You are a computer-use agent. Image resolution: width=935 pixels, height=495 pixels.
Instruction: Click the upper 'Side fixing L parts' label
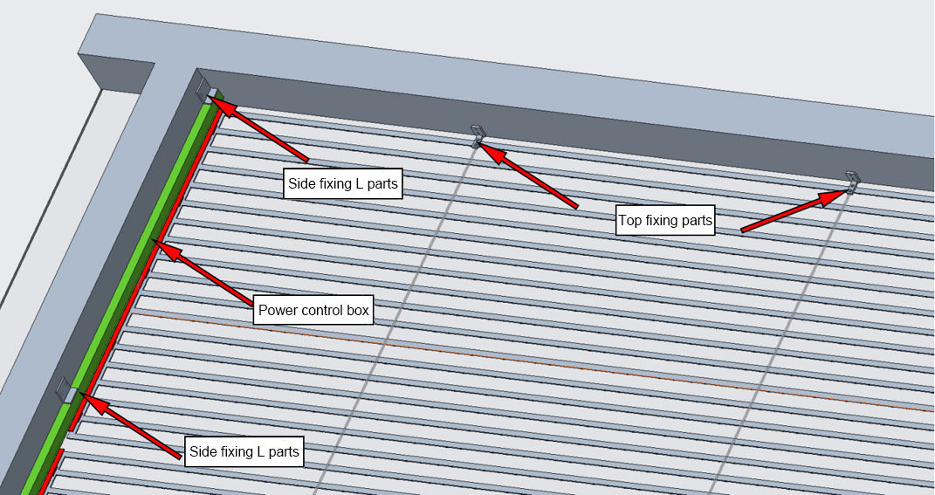(343, 184)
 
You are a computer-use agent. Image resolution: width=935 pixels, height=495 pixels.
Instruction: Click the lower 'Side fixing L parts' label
(244, 452)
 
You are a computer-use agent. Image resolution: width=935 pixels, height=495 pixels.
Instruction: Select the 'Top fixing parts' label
(665, 220)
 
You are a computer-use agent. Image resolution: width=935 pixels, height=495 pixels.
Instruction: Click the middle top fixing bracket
(478, 136)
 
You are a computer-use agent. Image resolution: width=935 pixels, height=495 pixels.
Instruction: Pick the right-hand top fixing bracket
(853, 182)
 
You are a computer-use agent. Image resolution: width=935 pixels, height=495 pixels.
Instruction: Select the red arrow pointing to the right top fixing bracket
(790, 212)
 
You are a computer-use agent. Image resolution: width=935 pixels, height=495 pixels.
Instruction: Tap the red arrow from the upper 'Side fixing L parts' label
(262, 131)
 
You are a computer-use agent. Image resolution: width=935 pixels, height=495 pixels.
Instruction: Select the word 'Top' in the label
(630, 220)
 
